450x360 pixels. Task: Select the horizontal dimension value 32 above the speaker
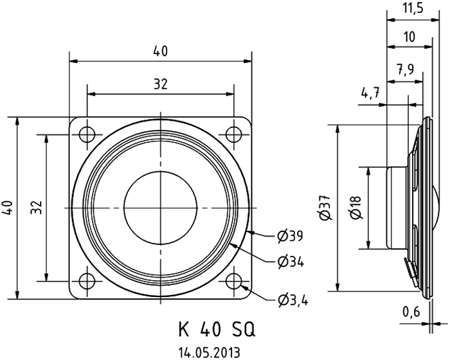click(160, 84)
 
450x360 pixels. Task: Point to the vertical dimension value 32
click(37, 207)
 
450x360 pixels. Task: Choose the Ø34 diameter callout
click(291, 262)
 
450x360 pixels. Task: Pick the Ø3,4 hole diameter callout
click(292, 300)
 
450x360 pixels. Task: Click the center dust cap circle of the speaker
click(159, 207)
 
